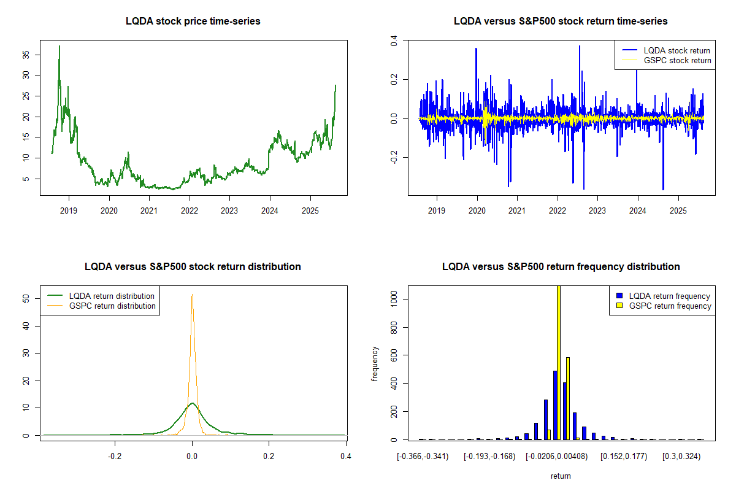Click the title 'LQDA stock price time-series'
(193, 21)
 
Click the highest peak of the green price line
(59, 46)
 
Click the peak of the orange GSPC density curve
(192, 295)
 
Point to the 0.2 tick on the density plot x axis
(269, 456)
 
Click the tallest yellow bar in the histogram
(558, 362)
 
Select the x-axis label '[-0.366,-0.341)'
(423, 456)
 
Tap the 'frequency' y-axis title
(375, 363)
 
